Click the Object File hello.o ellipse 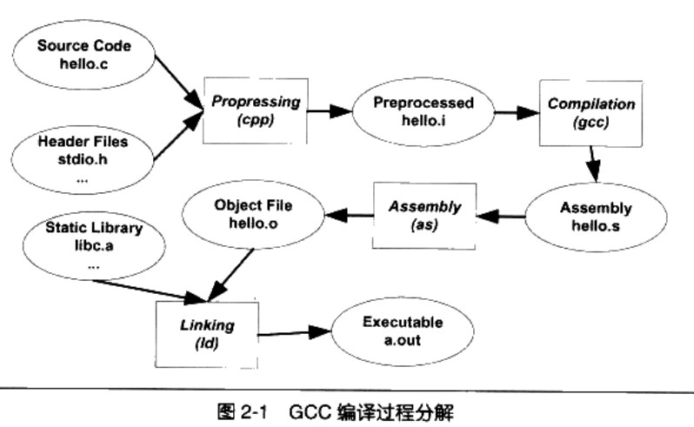click(x=251, y=217)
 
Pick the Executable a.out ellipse click(x=403, y=331)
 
